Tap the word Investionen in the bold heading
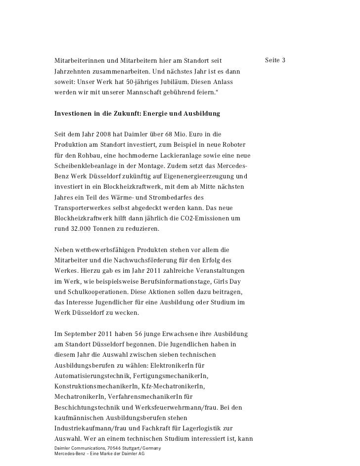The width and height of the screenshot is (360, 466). tap(75, 114)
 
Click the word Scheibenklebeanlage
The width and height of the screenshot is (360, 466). tap(87, 165)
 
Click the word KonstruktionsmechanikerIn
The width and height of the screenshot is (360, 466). tap(96, 387)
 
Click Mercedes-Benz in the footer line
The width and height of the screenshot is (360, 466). tap(67, 453)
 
